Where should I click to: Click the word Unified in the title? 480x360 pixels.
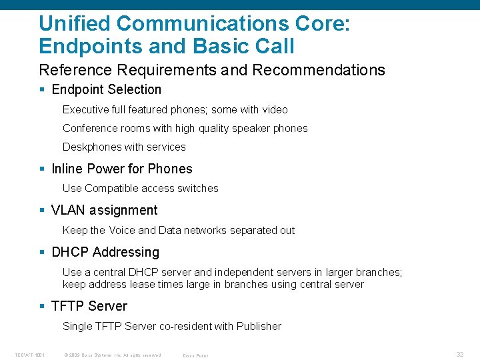pyautogui.click(x=74, y=23)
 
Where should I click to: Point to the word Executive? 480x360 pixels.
pyautogui.click(x=83, y=109)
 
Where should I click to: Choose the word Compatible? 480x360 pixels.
pyautogui.click(x=111, y=188)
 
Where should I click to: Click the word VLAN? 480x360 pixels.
pyautogui.click(x=68, y=211)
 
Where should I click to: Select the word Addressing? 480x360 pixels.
pyautogui.click(x=126, y=252)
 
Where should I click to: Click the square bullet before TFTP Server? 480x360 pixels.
pyautogui.click(x=43, y=307)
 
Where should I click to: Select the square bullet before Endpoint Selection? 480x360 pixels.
pyautogui.click(x=43, y=90)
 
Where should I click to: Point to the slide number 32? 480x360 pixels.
pyautogui.click(x=459, y=355)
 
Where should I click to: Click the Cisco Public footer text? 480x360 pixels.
pyautogui.click(x=195, y=355)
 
